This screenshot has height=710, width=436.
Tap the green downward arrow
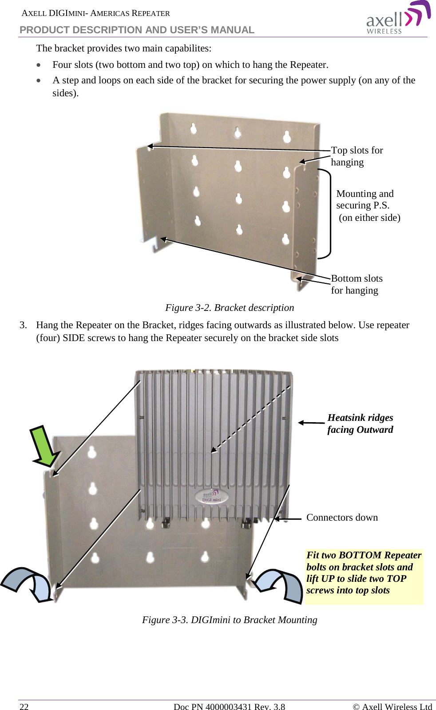45,446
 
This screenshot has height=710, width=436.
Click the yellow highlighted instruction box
364,576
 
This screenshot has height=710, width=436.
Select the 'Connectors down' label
342,518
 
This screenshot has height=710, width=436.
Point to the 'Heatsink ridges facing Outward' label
360,424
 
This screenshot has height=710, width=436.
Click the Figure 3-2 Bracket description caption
230,308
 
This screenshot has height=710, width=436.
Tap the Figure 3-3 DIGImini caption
230,620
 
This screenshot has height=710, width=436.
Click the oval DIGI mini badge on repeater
211,496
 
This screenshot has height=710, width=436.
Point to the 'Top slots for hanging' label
357,156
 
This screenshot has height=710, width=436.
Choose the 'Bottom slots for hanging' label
357,284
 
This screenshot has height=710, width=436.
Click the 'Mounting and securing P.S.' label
365,200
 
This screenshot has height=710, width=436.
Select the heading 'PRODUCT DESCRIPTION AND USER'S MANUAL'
137,30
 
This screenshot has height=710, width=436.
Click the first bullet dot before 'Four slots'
40,65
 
